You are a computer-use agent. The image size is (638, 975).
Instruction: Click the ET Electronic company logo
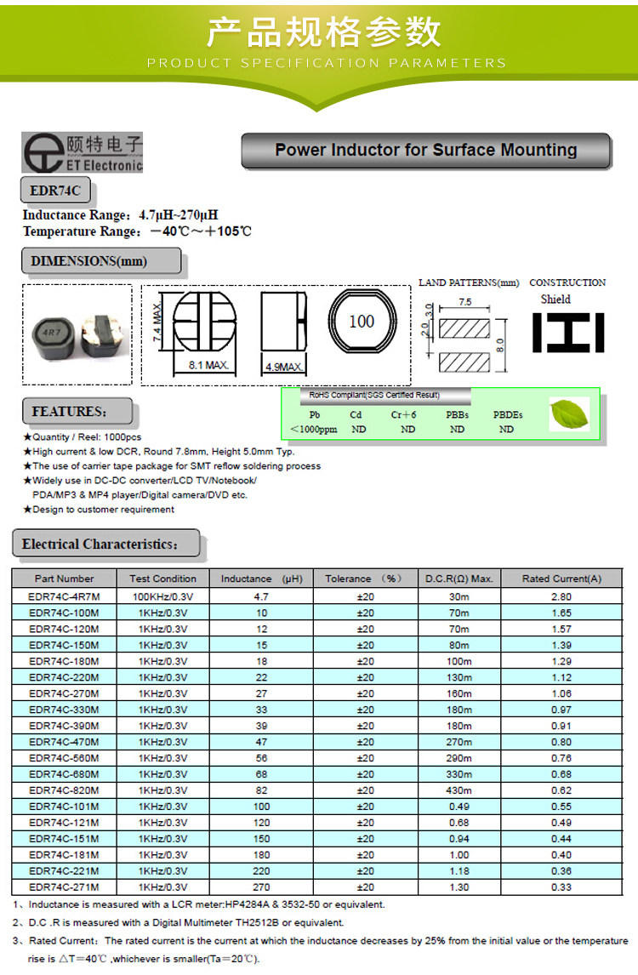coord(82,152)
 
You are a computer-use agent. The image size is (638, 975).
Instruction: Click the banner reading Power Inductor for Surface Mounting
coord(426,151)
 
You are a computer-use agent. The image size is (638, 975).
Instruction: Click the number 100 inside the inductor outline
coord(362,322)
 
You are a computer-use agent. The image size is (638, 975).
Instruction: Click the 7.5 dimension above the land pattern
coord(465,302)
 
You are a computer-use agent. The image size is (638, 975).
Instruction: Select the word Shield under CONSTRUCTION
coord(555,299)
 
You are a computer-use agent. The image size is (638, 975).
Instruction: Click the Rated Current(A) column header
coord(561,579)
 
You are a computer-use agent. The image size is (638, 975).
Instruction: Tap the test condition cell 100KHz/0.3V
coord(162,596)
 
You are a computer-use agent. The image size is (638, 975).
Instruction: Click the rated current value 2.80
coord(561,596)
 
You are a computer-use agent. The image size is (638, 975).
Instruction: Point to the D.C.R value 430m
coord(459,790)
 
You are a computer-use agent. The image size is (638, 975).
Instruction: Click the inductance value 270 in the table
coord(261,887)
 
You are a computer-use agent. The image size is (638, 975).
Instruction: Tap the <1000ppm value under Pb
coord(314,430)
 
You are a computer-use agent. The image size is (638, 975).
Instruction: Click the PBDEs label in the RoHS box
coord(508,414)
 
